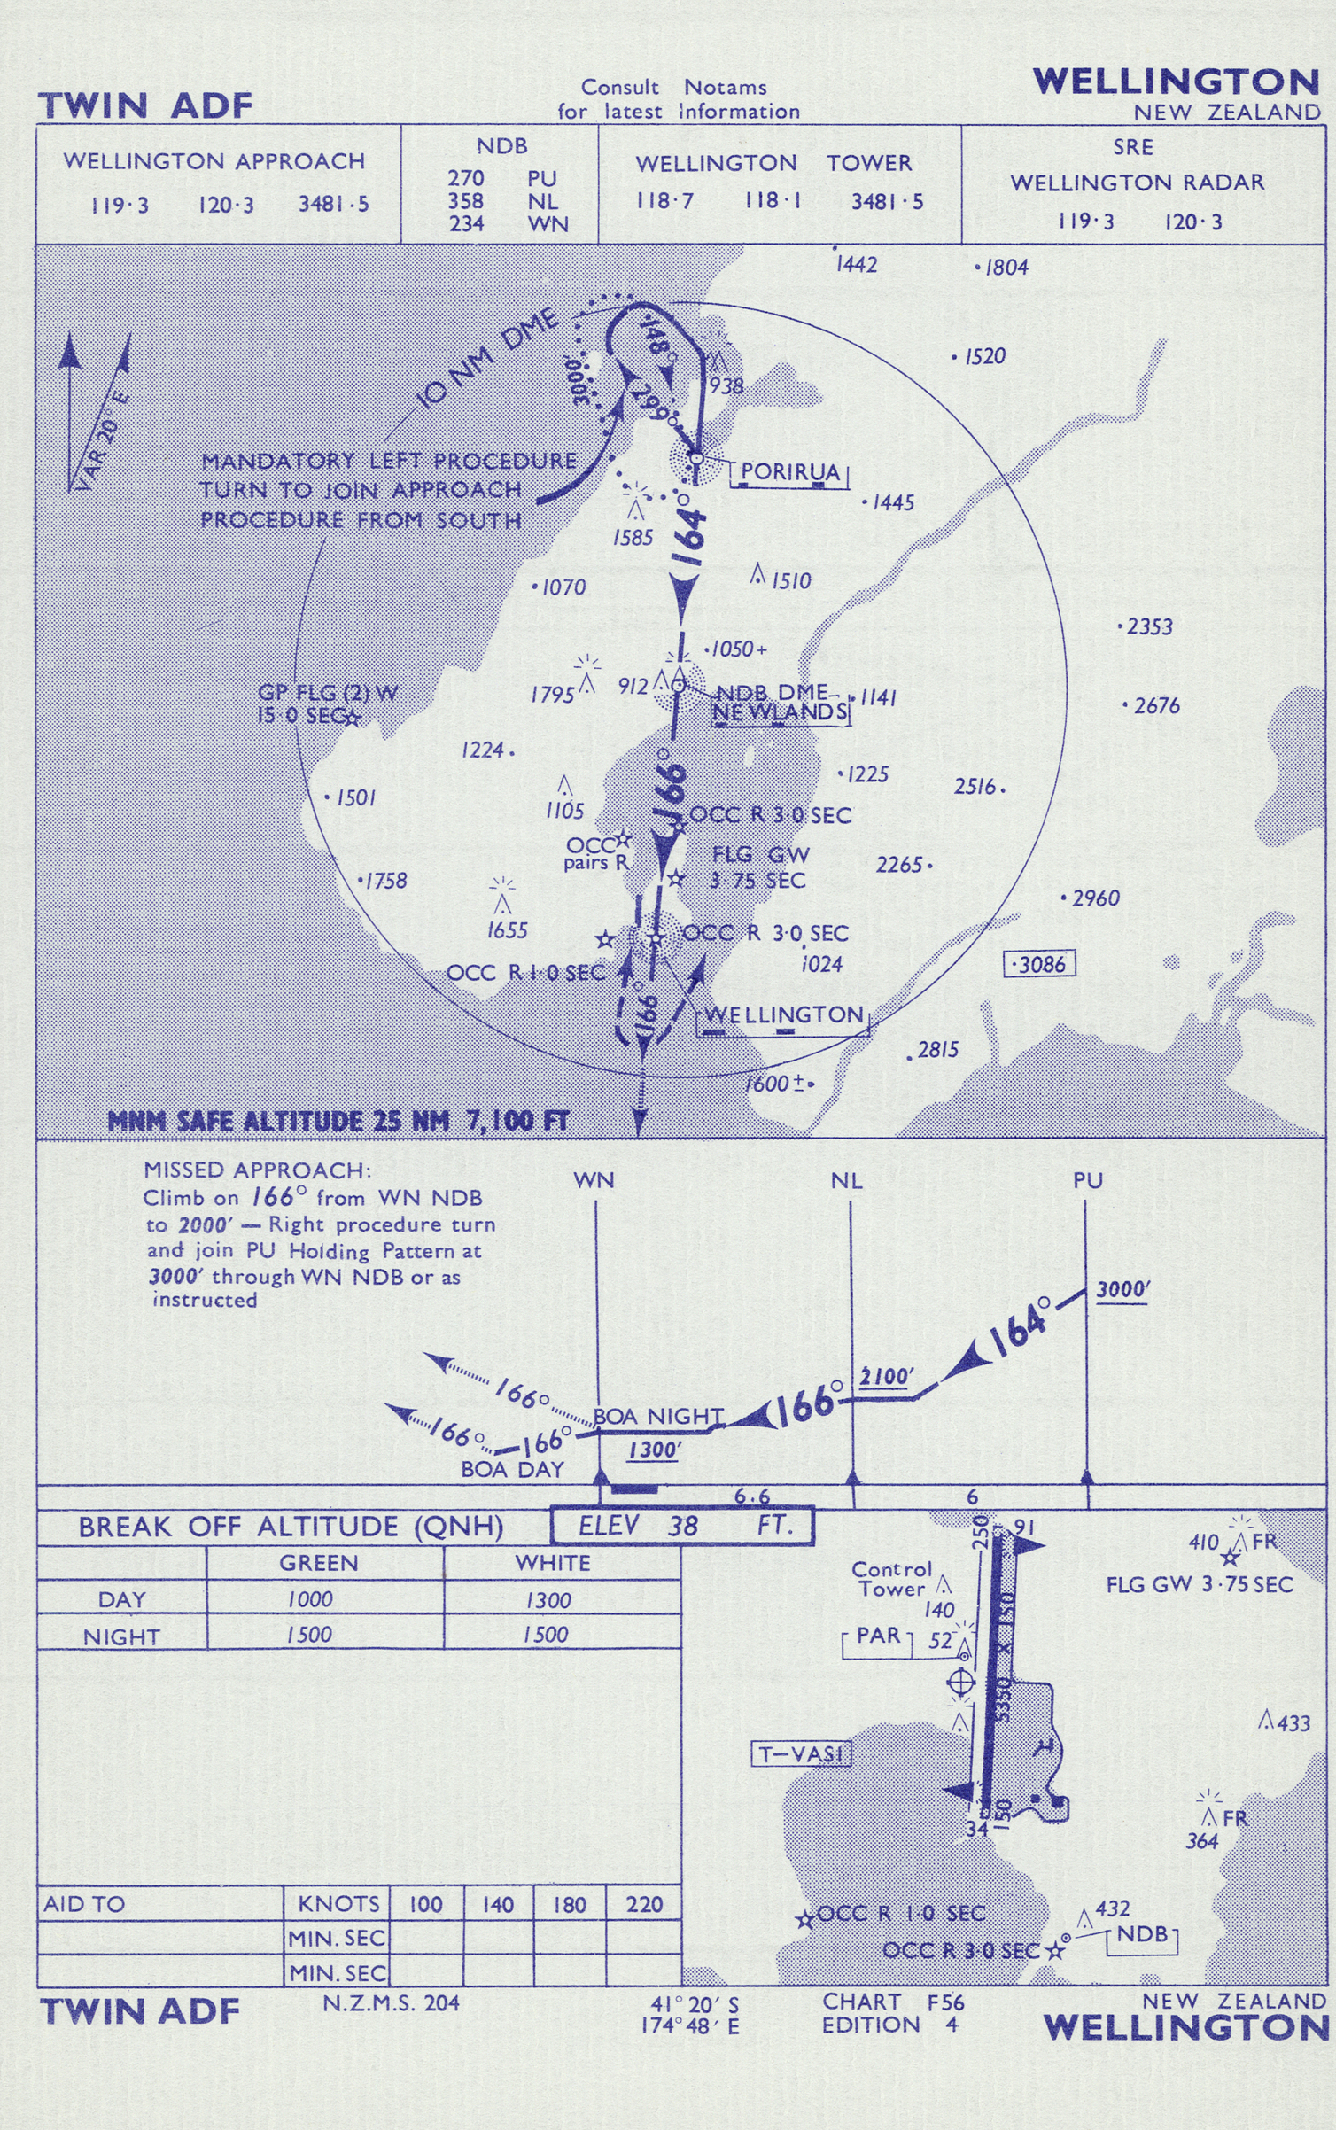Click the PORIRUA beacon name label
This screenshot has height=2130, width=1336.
pyautogui.click(x=789, y=471)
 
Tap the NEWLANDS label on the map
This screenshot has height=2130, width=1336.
pyautogui.click(x=780, y=712)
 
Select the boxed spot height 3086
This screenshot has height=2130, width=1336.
pyautogui.click(x=1040, y=964)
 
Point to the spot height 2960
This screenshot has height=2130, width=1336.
pyautogui.click(x=1094, y=898)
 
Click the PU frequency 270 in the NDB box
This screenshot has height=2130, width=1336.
pyautogui.click(x=466, y=179)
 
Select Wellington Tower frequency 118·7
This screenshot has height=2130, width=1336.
pyautogui.click(x=664, y=201)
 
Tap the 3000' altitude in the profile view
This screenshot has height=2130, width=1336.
pyautogui.click(x=1122, y=1290)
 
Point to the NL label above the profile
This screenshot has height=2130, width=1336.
pyautogui.click(x=847, y=1181)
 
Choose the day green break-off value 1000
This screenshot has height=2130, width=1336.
pyautogui.click(x=310, y=1599)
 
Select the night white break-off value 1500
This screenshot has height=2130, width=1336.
pyautogui.click(x=545, y=1635)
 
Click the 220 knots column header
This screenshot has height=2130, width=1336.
pyautogui.click(x=644, y=1904)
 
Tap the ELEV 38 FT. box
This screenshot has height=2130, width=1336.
pyautogui.click(x=681, y=1526)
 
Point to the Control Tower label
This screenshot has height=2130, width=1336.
pyautogui.click(x=892, y=1579)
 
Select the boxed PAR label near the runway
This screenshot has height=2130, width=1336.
pyautogui.click(x=878, y=1635)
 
